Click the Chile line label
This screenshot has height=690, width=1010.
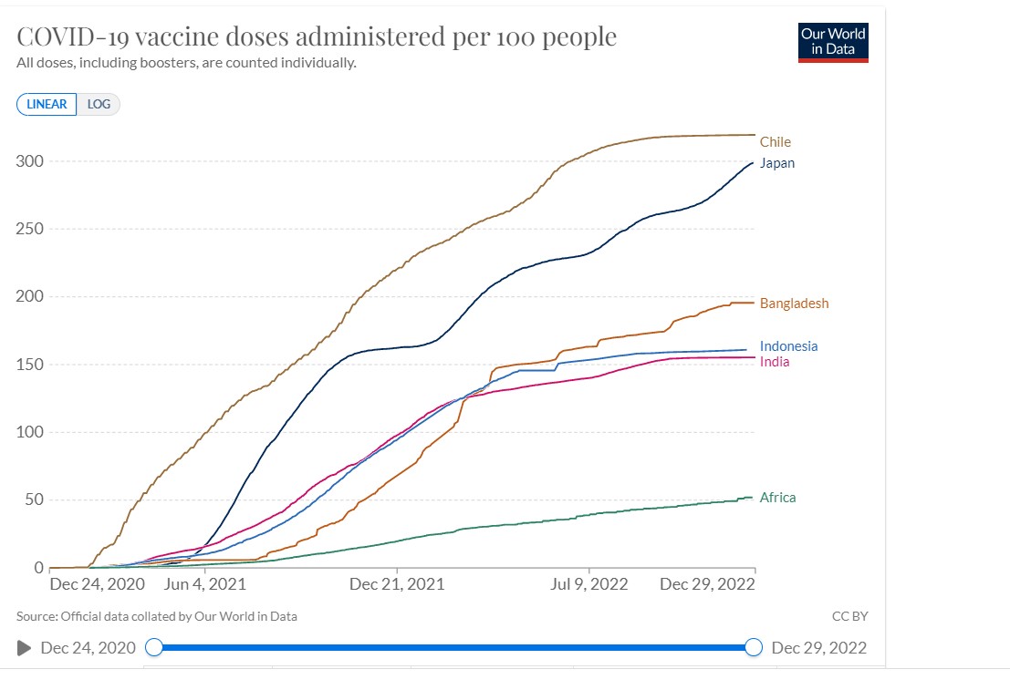click(775, 142)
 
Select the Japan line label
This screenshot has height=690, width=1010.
click(776, 164)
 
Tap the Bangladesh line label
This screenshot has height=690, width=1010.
click(794, 304)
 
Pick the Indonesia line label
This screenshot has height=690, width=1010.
click(788, 346)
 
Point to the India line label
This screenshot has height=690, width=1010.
click(775, 362)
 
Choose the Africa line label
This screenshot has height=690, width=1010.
click(777, 498)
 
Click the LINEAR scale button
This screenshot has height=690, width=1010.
click(47, 104)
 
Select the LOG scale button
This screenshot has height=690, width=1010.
click(99, 104)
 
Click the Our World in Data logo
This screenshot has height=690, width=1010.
click(833, 41)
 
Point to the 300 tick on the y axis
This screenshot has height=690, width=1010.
click(30, 161)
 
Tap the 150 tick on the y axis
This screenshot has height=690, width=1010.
click(30, 365)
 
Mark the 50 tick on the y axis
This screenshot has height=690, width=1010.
click(34, 499)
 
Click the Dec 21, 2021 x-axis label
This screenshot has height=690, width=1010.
click(397, 584)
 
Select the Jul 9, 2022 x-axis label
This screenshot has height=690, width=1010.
click(588, 584)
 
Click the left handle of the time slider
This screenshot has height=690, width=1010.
click(154, 647)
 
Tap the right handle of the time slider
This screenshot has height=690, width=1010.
click(754, 647)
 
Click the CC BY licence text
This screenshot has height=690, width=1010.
click(849, 616)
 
